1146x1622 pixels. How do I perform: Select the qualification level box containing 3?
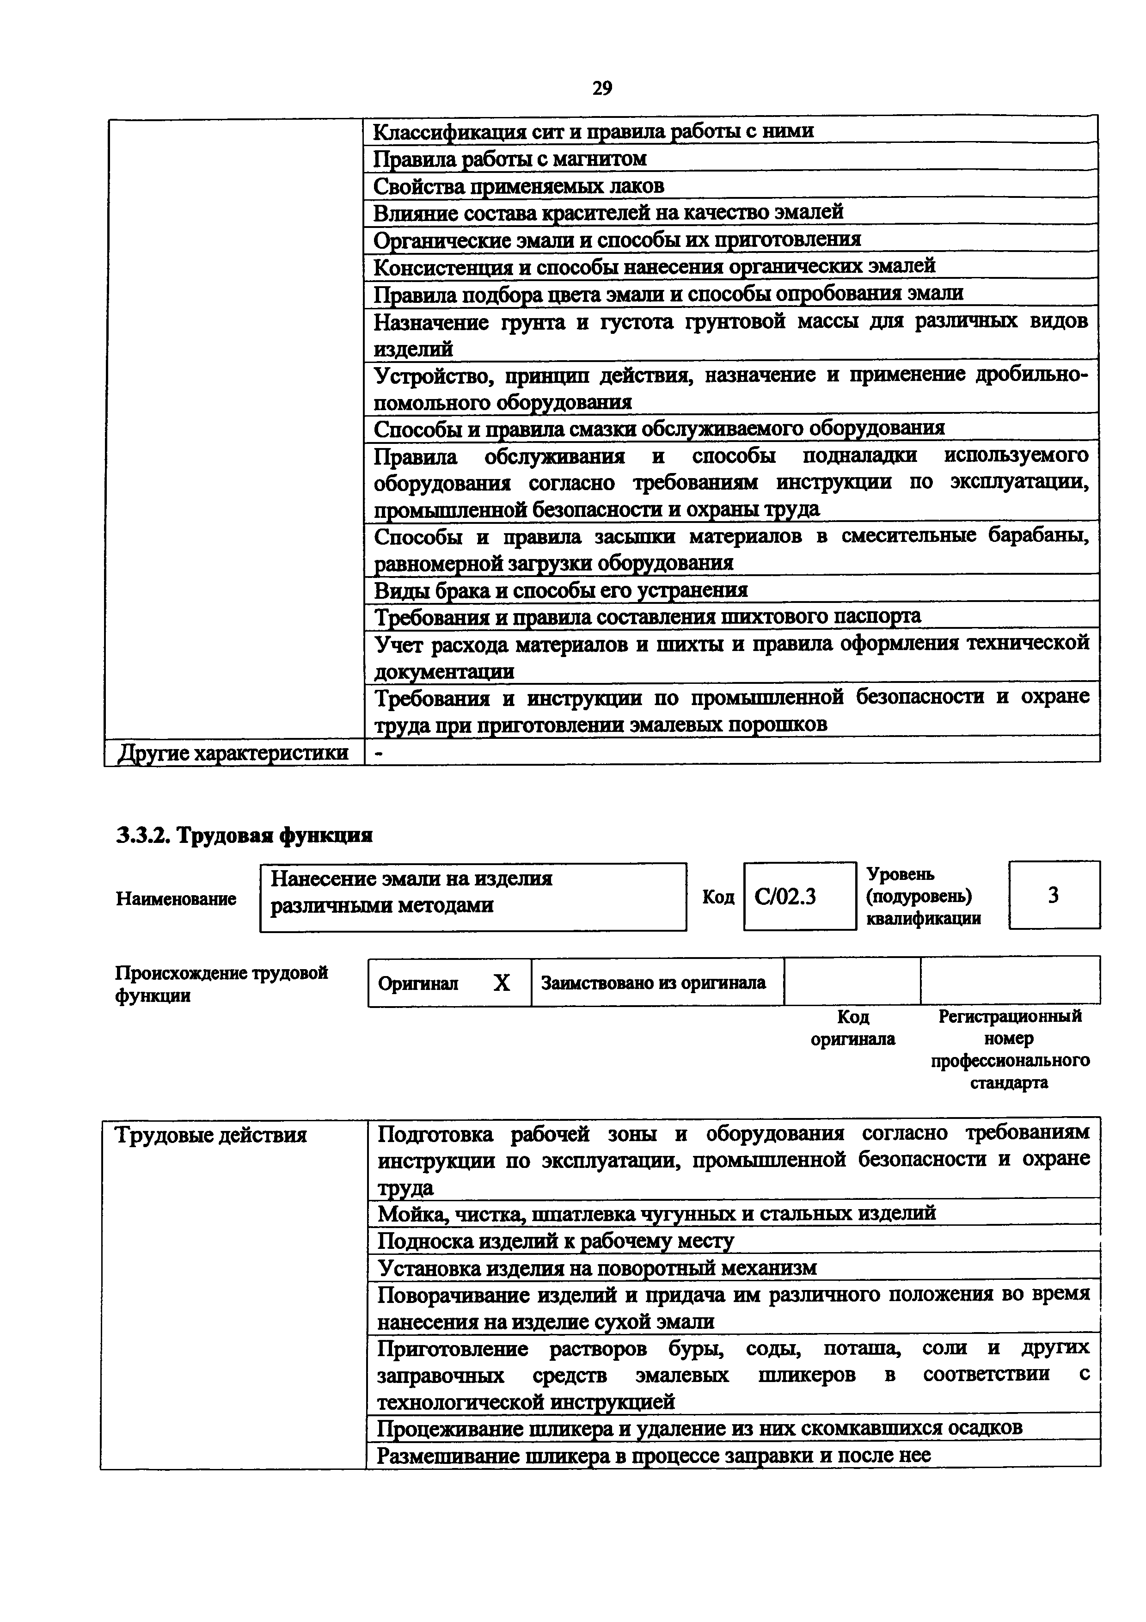tap(1054, 895)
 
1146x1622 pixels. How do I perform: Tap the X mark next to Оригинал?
tap(501, 983)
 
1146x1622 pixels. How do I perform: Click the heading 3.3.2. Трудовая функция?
tap(244, 836)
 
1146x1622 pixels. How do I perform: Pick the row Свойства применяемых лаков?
tap(518, 186)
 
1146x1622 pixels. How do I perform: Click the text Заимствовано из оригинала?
tap(653, 983)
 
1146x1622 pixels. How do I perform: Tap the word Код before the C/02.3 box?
tap(718, 897)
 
